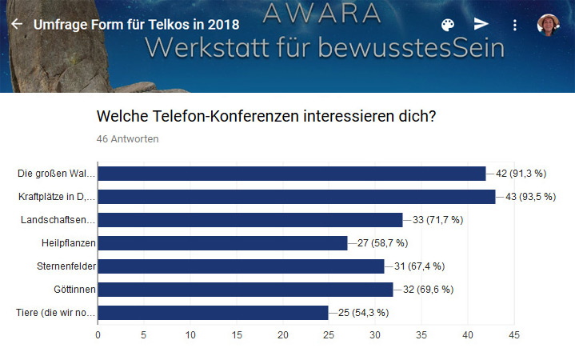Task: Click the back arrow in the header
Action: click(16, 24)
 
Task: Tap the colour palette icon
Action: click(448, 24)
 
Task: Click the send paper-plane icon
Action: click(481, 24)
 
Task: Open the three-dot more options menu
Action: click(515, 24)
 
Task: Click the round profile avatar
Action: click(549, 24)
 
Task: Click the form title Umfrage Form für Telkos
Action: click(136, 24)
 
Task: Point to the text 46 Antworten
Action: click(127, 139)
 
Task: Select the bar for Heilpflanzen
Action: click(222, 243)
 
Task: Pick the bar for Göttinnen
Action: click(245, 290)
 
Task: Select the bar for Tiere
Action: click(213, 313)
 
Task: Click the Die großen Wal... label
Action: click(57, 174)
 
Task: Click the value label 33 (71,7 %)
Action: click(437, 220)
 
